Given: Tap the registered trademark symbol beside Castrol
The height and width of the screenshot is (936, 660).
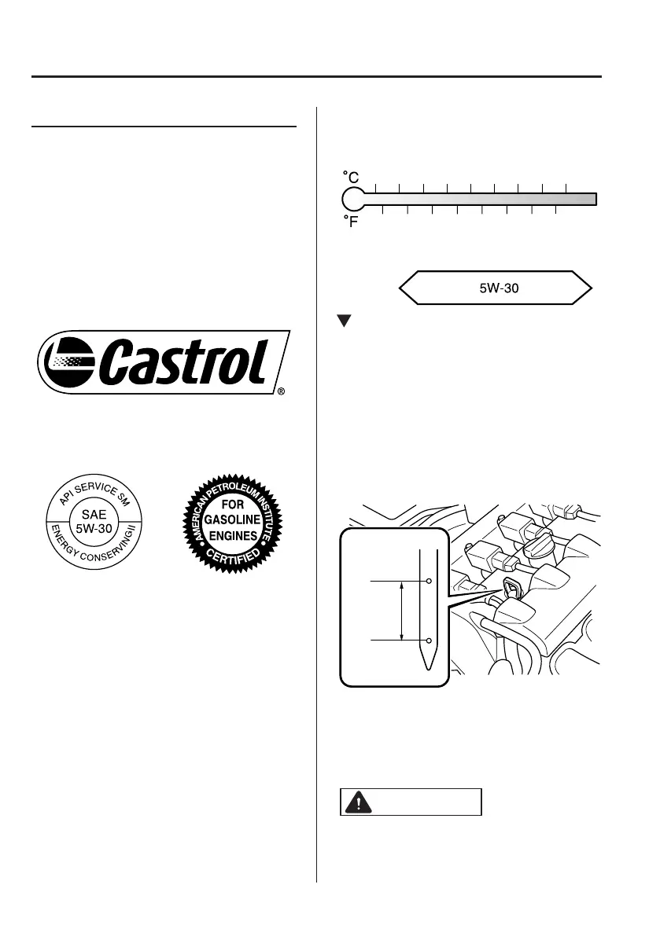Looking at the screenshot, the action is pyautogui.click(x=281, y=391).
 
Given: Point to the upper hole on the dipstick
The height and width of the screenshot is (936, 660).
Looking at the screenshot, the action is pyautogui.click(x=429, y=581).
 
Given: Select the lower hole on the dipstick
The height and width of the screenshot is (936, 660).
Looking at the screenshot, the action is pyautogui.click(x=429, y=641).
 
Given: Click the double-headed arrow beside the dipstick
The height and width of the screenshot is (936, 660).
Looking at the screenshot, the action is pyautogui.click(x=402, y=611).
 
